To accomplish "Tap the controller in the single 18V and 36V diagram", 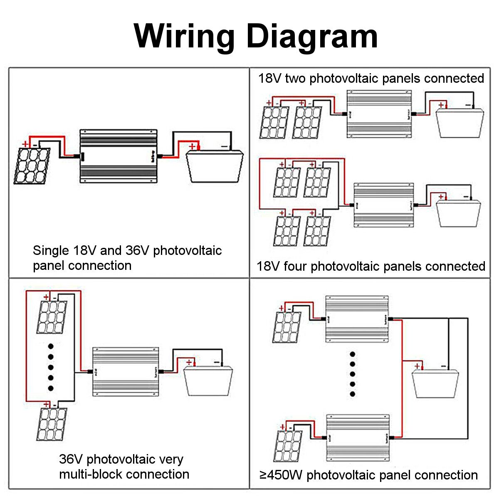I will [118, 156].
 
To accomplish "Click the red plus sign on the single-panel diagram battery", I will [192, 147].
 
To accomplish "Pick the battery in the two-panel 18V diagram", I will [460, 123].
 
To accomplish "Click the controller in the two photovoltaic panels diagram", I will [379, 114].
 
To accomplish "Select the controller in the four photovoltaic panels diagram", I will [383, 205].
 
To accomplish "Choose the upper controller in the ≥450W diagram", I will [357, 319].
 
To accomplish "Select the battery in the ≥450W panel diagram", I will [435, 383].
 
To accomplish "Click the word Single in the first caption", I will [51, 250].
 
